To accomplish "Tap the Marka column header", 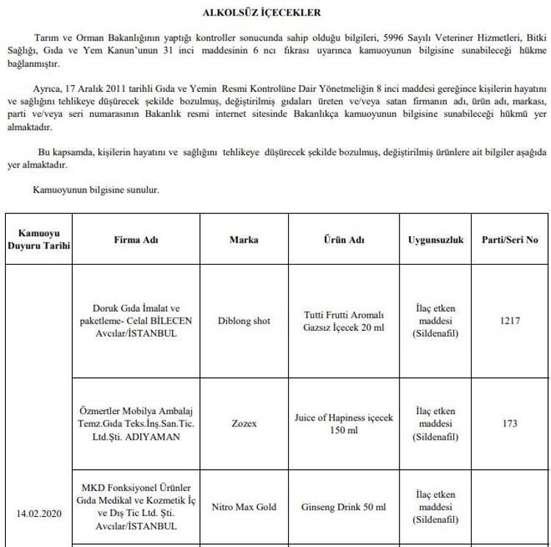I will [244, 240].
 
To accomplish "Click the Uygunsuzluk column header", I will [436, 240].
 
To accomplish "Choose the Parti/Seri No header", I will [509, 240].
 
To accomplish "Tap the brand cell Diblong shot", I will [244, 321].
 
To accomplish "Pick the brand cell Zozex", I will [244, 423].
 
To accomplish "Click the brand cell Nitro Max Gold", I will [244, 507].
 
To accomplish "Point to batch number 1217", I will [509, 321].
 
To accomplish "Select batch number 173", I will [509, 423].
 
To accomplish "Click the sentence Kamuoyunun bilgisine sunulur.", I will [96, 190].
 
